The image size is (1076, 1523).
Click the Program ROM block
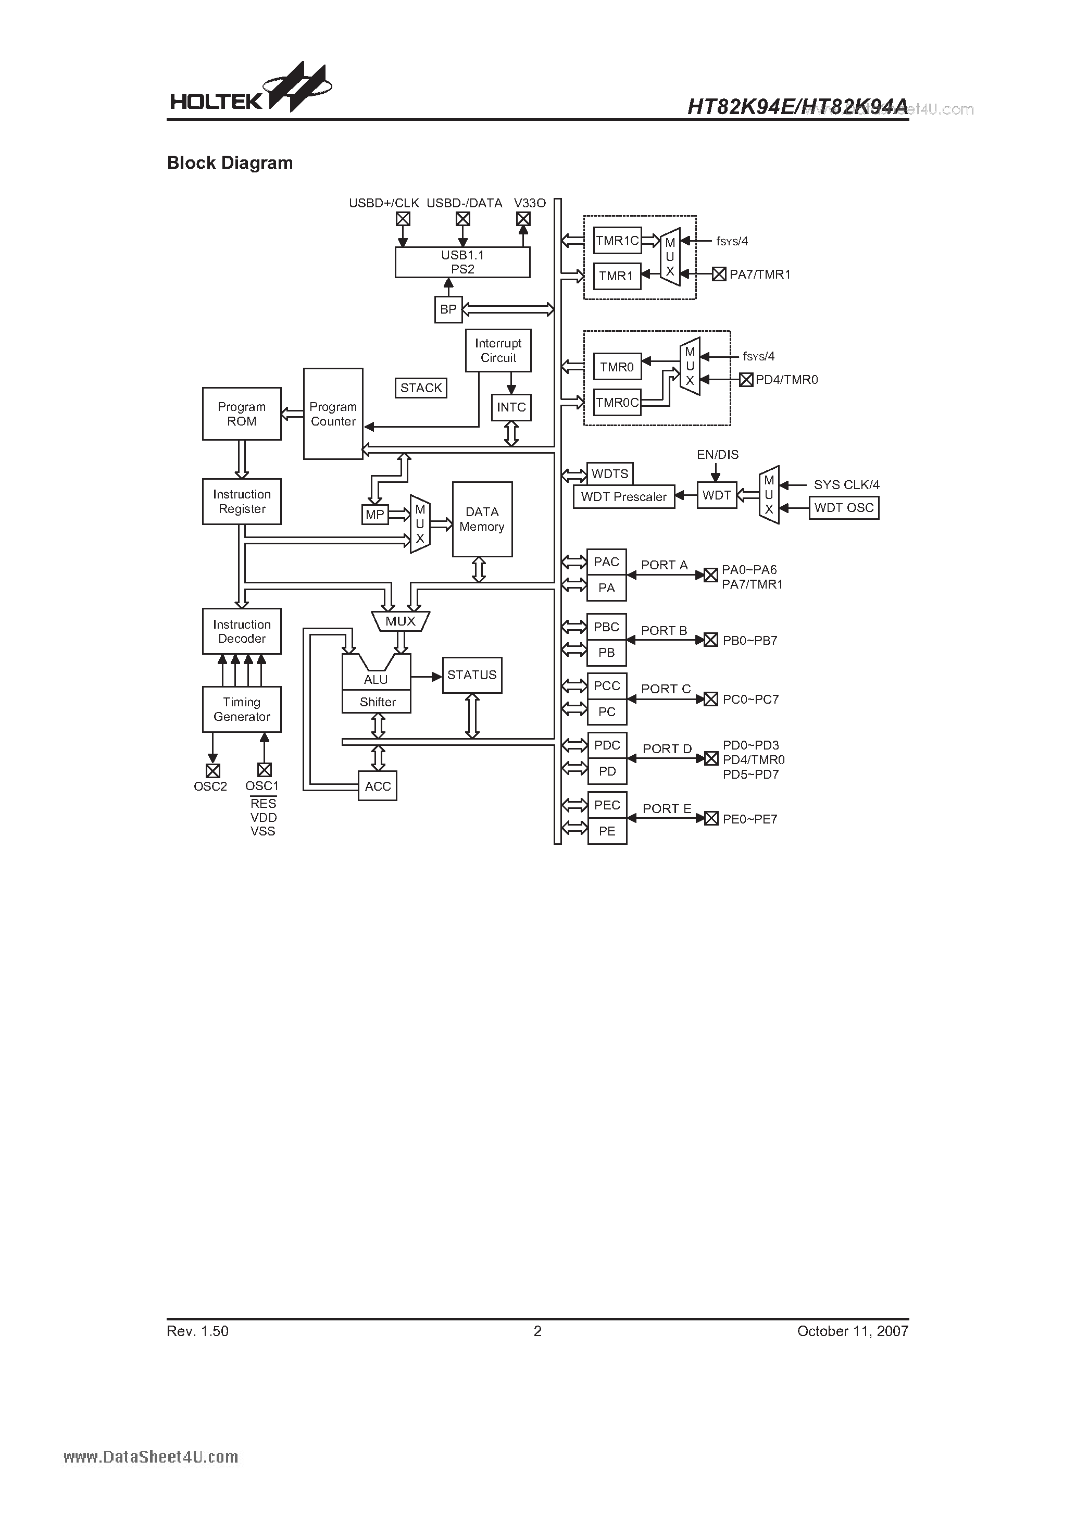(242, 414)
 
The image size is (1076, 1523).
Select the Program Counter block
(333, 414)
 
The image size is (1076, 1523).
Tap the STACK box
(421, 388)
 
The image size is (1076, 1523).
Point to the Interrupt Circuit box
(498, 350)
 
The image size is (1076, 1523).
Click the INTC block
(511, 407)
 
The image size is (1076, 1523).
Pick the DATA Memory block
(482, 519)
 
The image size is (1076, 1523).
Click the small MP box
(375, 515)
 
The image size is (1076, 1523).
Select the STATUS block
(472, 675)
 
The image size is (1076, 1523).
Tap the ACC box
(378, 786)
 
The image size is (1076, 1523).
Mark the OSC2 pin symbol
(212, 771)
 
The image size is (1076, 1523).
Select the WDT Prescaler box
(623, 497)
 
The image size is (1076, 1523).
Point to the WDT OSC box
(844, 508)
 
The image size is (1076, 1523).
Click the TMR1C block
(617, 241)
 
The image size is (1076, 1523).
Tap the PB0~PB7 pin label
(749, 641)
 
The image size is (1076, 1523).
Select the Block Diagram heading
(230, 163)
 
